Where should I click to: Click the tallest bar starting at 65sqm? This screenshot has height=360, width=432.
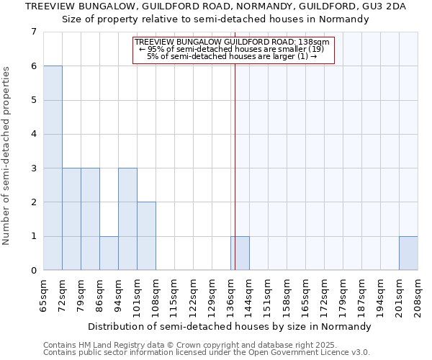click(53, 168)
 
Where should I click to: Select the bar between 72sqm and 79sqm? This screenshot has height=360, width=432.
click(71, 219)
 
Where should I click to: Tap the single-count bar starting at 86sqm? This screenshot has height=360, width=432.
click(109, 253)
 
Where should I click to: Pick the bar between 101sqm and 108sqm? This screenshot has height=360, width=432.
click(146, 236)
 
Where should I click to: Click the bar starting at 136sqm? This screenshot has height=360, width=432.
click(240, 253)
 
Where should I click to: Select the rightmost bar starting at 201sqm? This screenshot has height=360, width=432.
click(408, 253)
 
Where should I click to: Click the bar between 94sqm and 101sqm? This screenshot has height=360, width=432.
click(127, 219)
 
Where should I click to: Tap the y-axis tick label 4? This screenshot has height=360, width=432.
click(33, 134)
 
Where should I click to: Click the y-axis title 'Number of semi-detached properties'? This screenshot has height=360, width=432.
click(7, 156)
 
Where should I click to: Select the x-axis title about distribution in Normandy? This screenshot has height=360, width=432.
click(230, 326)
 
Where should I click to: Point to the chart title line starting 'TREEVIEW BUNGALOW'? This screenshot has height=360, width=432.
click(215, 6)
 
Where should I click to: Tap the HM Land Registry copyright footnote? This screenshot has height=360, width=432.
click(205, 346)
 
